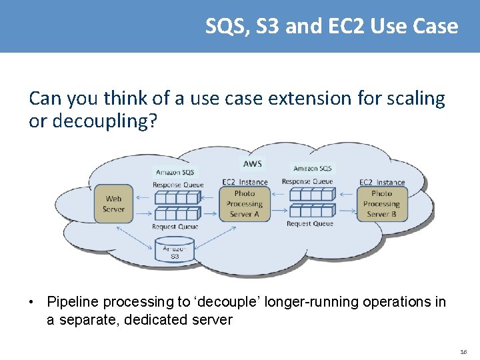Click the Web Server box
113,203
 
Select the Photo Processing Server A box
244,203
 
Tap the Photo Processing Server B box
381,203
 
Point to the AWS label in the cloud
253,163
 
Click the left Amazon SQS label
175,172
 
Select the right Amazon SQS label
312,169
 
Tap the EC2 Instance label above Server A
244,182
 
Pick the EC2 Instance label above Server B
382,182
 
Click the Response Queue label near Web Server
177,185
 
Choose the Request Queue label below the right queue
309,224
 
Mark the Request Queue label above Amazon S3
174,227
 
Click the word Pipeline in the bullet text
71,302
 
